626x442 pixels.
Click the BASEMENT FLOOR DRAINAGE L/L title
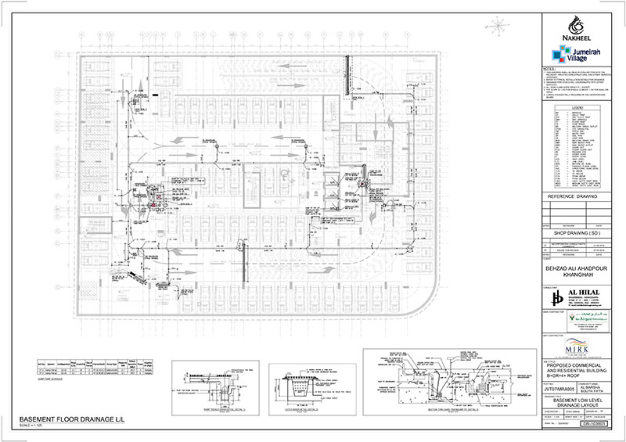click(63, 421)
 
